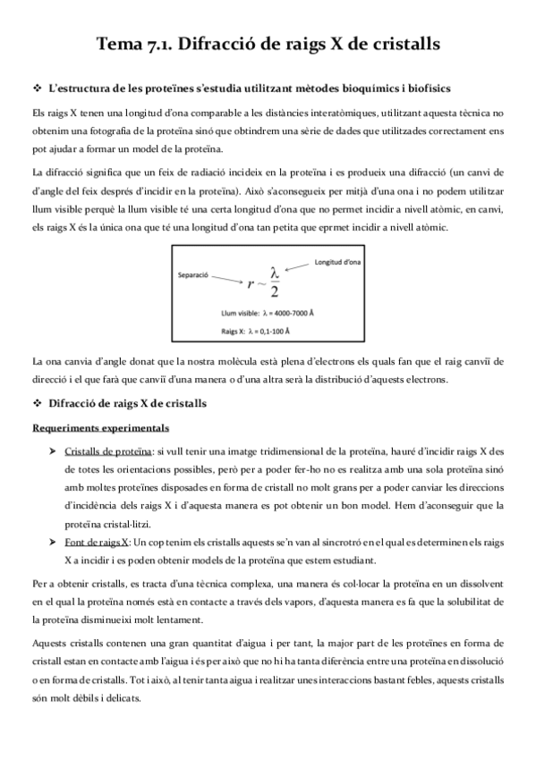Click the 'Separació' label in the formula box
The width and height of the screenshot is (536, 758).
[193, 275]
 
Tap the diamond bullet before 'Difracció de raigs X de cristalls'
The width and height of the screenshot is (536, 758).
[37, 404]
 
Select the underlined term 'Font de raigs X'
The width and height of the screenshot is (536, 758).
[97, 542]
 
